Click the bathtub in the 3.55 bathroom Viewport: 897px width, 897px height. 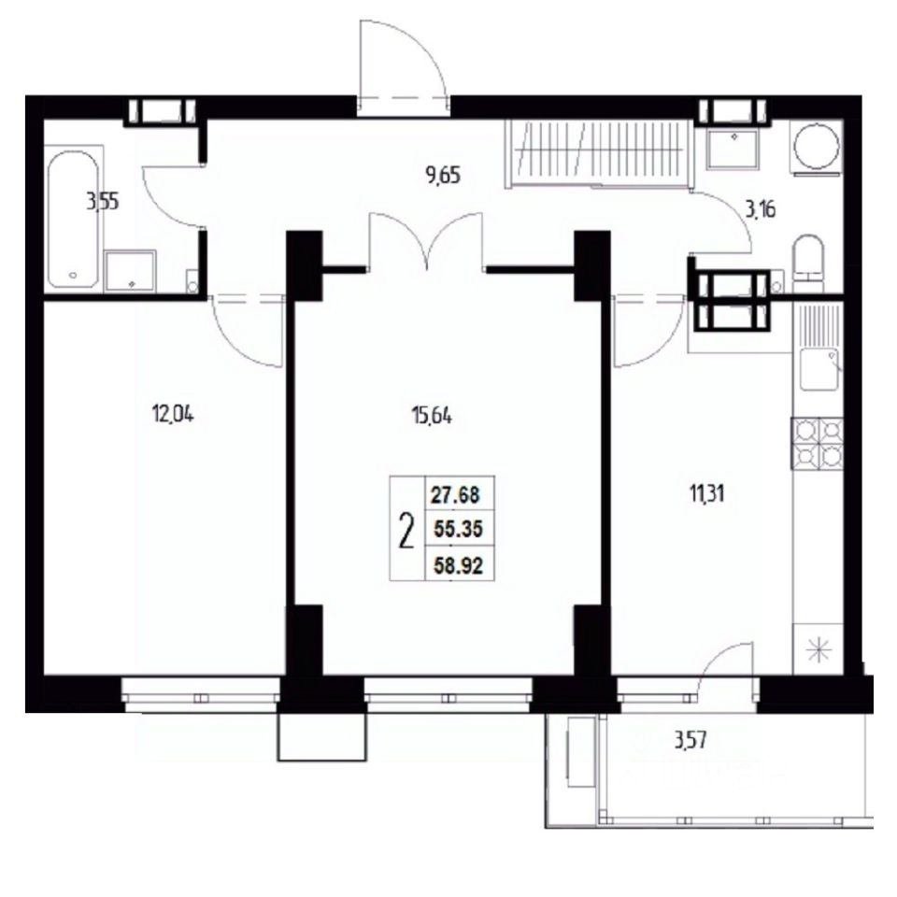coord(72,219)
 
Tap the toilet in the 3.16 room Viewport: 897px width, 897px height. coord(807,259)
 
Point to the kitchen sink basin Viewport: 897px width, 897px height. coord(819,369)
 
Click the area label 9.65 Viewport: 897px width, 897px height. coord(443,175)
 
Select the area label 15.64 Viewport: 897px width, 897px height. coord(432,416)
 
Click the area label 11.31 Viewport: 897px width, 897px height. coord(706,492)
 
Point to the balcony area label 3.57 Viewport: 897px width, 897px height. coord(691,741)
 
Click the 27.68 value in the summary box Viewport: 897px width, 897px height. coord(455,494)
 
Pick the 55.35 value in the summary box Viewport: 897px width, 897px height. coord(458,529)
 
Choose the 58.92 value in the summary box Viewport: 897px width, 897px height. coord(458,566)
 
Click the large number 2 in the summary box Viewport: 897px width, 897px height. coord(406,531)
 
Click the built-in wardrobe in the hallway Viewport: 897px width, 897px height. coord(597,153)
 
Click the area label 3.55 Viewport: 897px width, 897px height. coord(103,202)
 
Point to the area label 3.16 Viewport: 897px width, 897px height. coord(760,209)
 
